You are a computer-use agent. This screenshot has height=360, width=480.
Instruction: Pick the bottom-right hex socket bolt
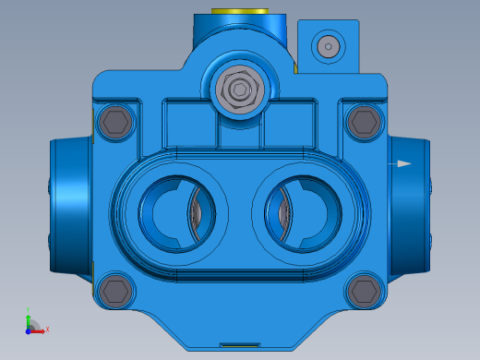(x=363, y=292)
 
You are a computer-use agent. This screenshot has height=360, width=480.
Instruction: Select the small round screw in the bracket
(x=328, y=45)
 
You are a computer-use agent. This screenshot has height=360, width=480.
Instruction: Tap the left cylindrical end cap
(x=69, y=205)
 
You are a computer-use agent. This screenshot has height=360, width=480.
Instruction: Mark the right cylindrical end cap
(x=410, y=205)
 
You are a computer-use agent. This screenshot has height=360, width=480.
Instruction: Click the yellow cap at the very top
(x=238, y=12)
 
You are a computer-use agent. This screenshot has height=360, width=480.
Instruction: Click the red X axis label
(x=47, y=329)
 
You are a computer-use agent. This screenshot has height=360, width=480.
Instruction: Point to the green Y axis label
(x=30, y=311)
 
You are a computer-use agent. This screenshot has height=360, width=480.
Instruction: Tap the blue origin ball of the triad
(x=29, y=328)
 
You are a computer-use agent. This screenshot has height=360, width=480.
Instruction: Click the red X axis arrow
(x=39, y=330)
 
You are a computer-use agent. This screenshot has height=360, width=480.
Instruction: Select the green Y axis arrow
(x=29, y=318)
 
